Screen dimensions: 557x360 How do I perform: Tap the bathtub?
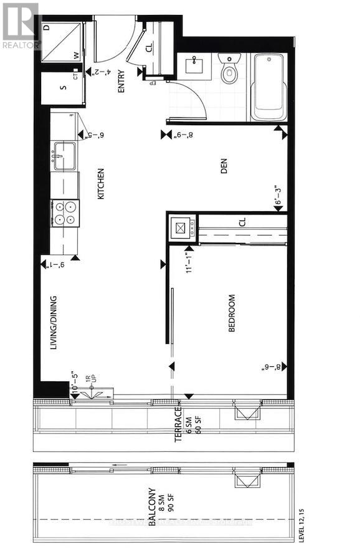point(269,87)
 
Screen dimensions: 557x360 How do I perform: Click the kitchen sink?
point(64,156)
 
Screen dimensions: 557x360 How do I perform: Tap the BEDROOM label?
point(232,313)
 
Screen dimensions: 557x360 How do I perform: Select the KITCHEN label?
point(100,184)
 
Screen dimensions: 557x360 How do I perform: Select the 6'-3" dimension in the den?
point(278,196)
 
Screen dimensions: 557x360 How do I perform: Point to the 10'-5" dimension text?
point(75,390)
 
